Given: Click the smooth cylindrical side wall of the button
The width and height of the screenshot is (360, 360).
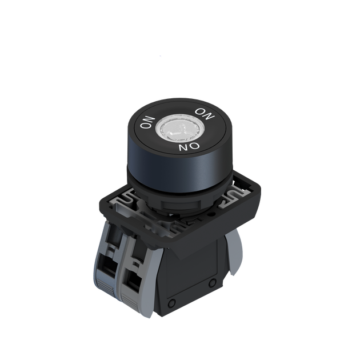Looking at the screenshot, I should click(x=177, y=171).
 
